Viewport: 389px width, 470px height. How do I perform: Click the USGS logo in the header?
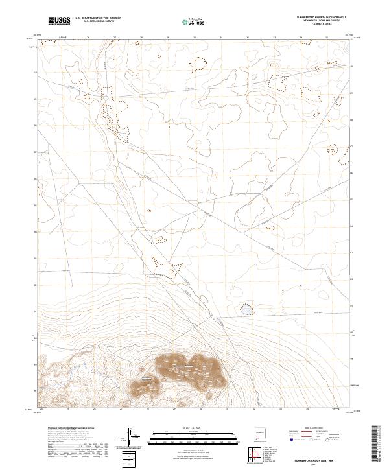[59, 21]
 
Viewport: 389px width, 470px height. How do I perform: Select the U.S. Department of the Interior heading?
[98, 19]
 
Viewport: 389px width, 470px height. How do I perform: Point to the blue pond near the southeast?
[247, 310]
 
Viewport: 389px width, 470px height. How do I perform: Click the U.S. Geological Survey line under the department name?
[98, 23]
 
